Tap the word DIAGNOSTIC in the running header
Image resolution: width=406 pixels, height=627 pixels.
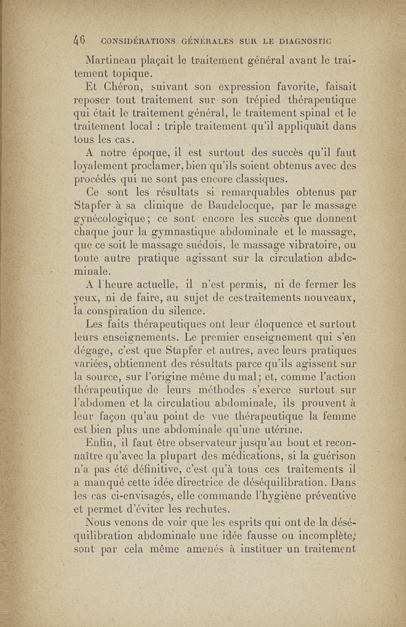tap(302, 40)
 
